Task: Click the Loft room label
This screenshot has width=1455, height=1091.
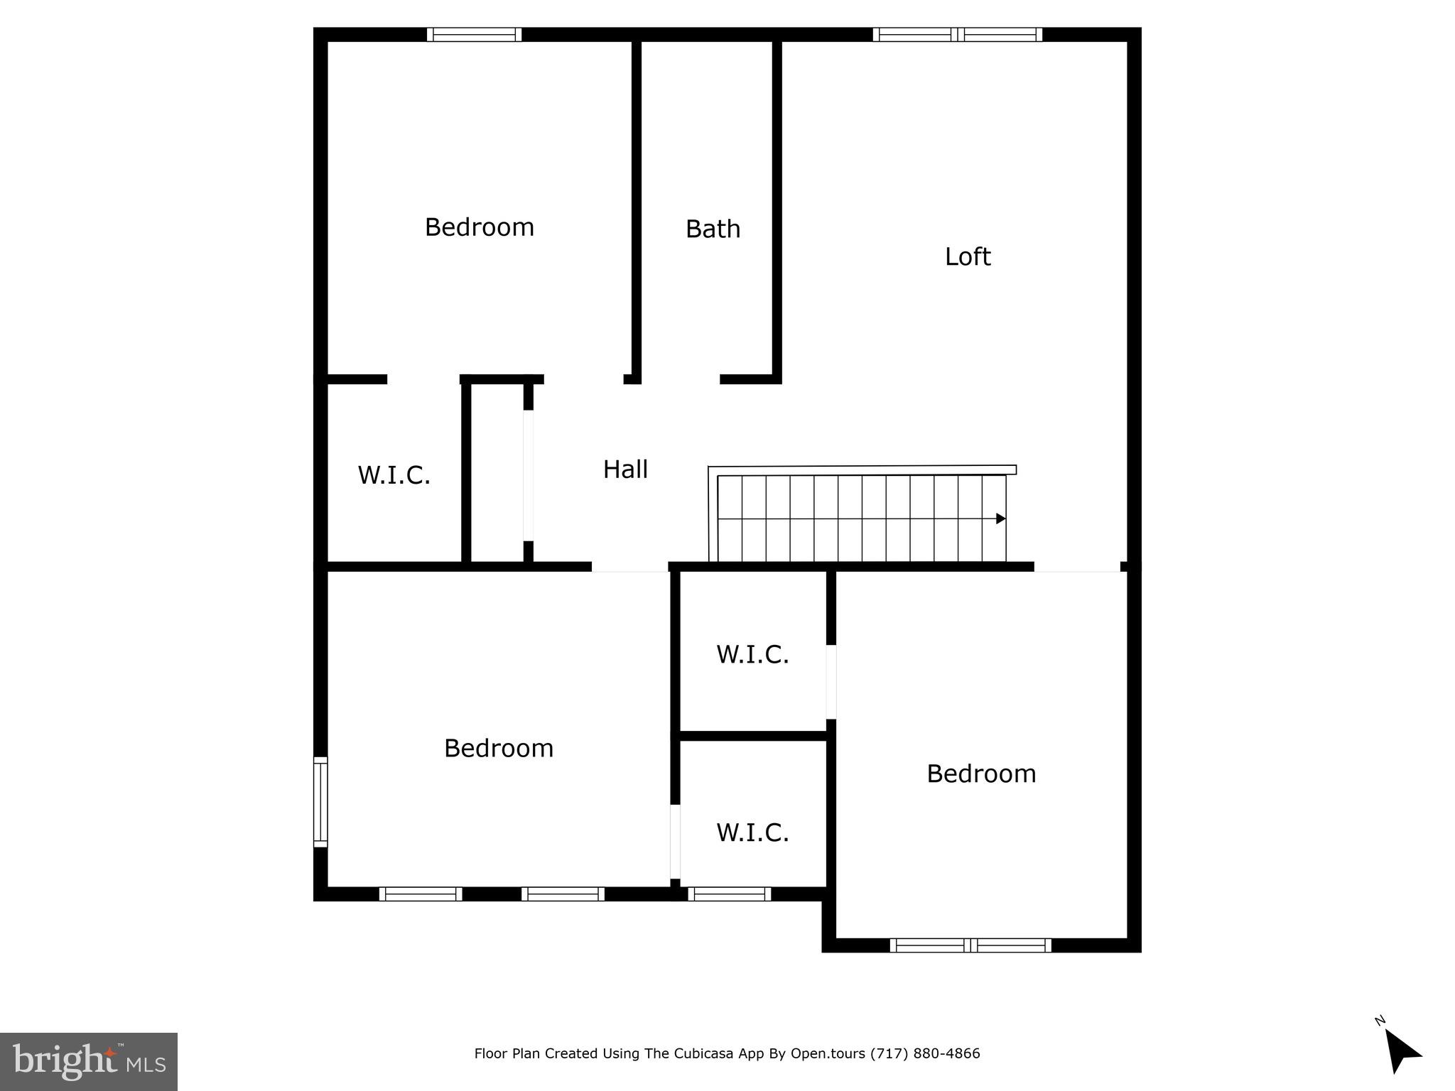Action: click(x=967, y=256)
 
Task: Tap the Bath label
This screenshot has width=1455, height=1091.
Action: click(x=713, y=229)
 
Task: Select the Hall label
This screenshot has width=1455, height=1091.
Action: click(x=625, y=469)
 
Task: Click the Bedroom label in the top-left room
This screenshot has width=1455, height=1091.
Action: click(x=480, y=227)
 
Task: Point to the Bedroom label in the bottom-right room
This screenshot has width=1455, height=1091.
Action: click(x=981, y=774)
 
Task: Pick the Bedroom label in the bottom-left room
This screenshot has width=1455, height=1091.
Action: click(x=499, y=748)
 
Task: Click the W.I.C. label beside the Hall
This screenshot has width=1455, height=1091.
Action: click(x=394, y=475)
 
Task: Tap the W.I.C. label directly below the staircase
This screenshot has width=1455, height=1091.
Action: click(x=752, y=654)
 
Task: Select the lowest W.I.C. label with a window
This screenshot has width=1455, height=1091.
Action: click(x=752, y=832)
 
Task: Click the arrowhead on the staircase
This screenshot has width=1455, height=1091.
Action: click(x=1000, y=519)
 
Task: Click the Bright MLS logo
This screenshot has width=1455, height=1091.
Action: click(x=89, y=1061)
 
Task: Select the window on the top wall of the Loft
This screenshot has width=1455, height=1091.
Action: click(x=958, y=35)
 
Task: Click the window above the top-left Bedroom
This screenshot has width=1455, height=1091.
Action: click(x=474, y=35)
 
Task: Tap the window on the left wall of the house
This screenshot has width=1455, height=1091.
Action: click(x=321, y=802)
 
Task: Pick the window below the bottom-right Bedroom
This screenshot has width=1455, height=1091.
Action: click(x=970, y=945)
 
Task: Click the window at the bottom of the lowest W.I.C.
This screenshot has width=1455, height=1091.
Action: click(x=730, y=894)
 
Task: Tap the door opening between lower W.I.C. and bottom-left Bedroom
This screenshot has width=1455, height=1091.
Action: click(x=675, y=842)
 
